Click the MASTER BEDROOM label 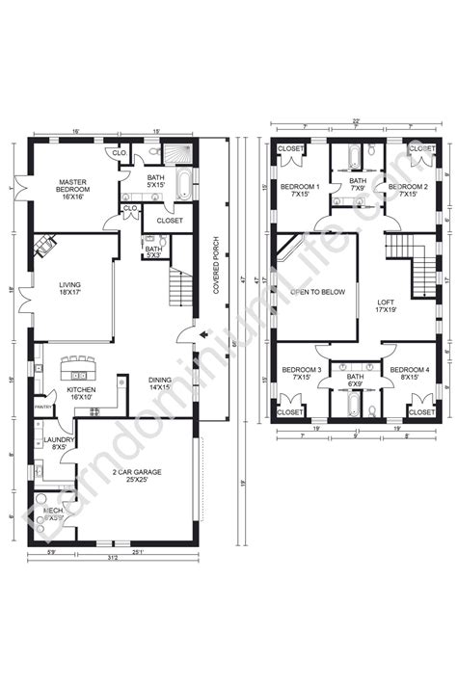[x=73, y=187]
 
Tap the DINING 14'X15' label [x=159, y=384]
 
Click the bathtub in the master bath [x=183, y=183]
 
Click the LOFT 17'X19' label [x=387, y=306]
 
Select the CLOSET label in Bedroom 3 [x=290, y=411]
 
